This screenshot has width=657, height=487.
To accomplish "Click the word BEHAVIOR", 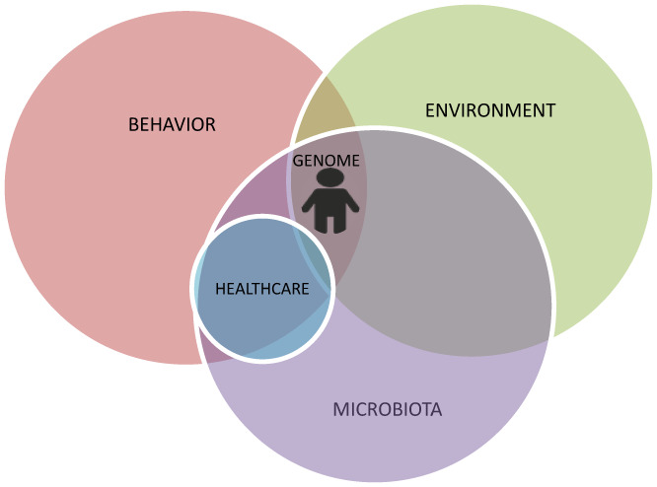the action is (172, 125).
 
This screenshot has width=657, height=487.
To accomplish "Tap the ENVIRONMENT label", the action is (490, 109).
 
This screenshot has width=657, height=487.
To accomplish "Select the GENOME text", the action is (327, 160).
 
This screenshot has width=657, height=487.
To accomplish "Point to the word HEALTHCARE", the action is (262, 289).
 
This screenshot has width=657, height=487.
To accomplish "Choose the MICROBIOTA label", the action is (387, 408).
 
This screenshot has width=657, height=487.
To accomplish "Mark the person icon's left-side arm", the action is (310, 205).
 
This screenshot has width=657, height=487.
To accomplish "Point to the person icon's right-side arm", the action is (351, 205).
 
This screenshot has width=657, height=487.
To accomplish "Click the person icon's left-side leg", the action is (322, 224).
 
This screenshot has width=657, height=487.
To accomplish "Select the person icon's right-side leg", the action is (339, 224).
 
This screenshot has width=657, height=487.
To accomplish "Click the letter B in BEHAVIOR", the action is (133, 125).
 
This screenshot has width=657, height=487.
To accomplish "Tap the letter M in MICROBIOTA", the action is (339, 408).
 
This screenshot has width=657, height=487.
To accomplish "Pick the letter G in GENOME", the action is (298, 160).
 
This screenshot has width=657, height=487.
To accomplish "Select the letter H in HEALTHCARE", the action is (220, 289).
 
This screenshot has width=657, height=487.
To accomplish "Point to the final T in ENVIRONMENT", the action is (550, 109).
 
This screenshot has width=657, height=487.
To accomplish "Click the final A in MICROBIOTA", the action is (435, 408).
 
